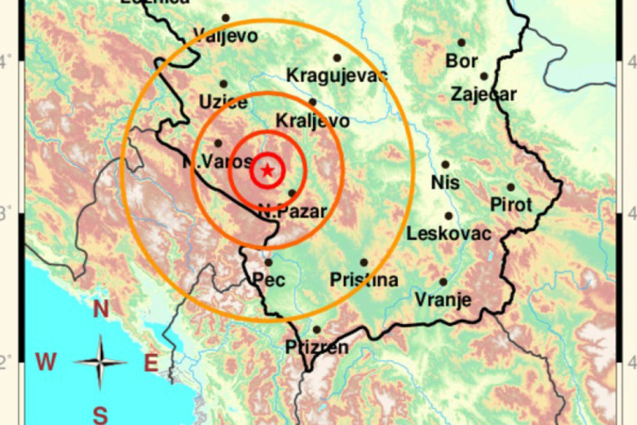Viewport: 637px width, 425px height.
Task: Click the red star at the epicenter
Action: (267, 171)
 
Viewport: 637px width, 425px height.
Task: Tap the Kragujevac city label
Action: (337, 76)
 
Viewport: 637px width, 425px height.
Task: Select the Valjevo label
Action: (225, 35)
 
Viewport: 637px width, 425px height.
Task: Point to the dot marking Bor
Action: (461, 42)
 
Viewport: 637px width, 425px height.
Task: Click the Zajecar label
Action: (483, 94)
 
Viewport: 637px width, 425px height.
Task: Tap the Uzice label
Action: (223, 102)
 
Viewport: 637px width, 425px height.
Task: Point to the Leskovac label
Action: (449, 234)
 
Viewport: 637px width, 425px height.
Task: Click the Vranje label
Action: (443, 300)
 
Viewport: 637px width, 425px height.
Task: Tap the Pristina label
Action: (364, 280)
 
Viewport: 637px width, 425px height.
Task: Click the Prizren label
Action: (316, 347)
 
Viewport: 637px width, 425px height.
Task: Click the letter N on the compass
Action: (101, 310)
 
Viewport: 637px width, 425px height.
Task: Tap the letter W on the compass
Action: (46, 362)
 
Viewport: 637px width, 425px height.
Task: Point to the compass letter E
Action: (151, 362)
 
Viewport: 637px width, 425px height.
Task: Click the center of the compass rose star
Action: (100, 362)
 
